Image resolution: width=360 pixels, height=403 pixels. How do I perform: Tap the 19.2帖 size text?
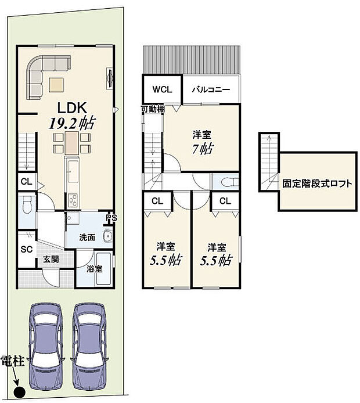click(x=72, y=123)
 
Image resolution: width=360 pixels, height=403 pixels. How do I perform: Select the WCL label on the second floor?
click(x=161, y=90)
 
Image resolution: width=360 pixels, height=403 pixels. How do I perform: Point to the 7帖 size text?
click(x=202, y=148)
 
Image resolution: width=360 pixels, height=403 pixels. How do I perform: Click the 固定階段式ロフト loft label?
click(x=317, y=183)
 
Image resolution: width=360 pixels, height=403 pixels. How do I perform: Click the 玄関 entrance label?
click(x=50, y=260)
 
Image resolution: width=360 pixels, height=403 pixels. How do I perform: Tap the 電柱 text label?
click(x=13, y=361)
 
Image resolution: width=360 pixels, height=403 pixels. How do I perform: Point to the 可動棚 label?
click(x=152, y=109)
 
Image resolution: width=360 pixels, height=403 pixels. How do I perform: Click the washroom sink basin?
click(x=107, y=236)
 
